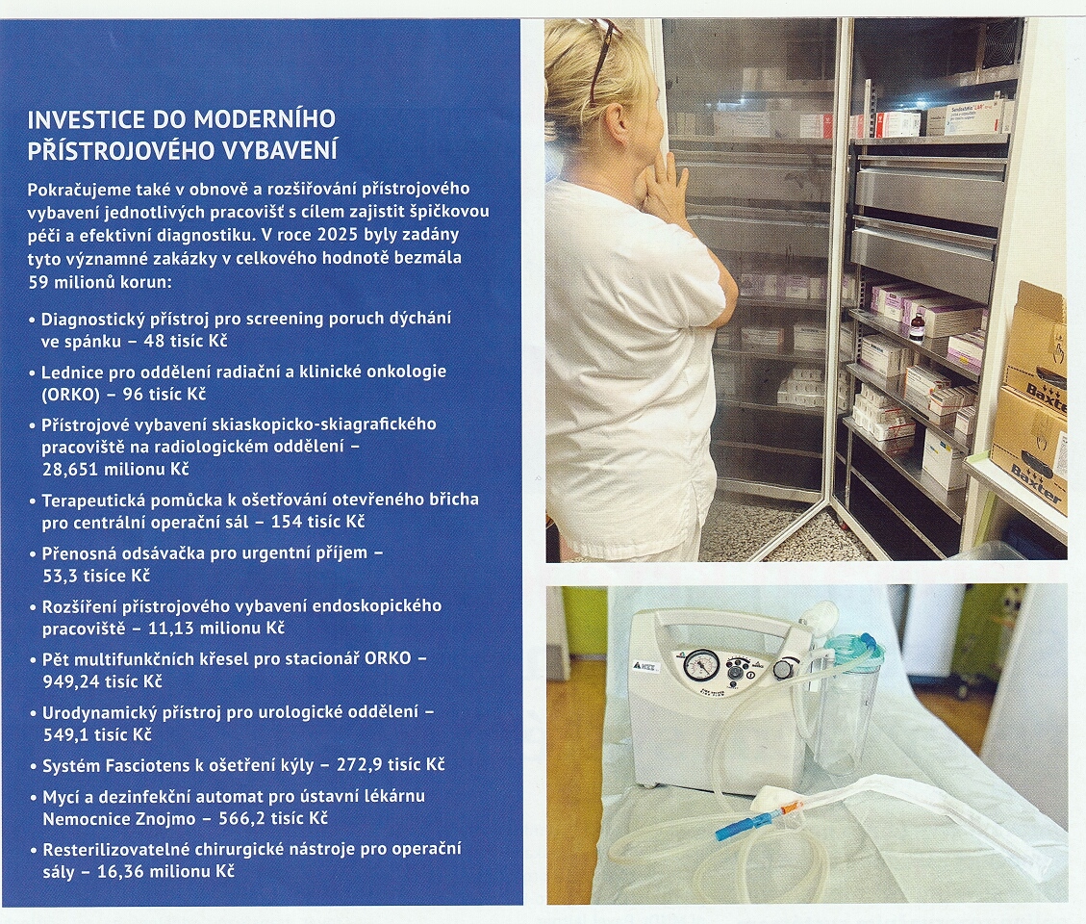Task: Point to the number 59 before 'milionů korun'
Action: click(38, 282)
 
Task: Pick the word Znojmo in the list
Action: click(164, 819)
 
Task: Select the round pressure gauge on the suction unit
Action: click(694, 666)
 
